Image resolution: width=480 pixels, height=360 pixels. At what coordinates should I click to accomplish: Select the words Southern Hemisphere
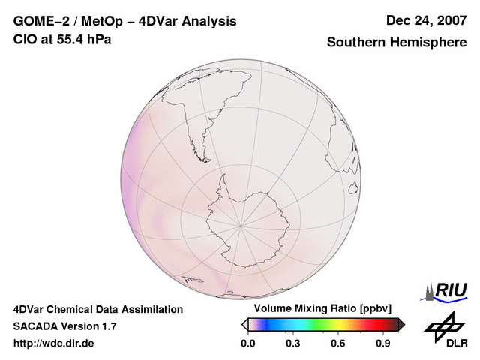click(x=396, y=43)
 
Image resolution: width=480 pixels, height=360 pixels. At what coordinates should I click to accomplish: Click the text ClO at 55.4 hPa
click(x=62, y=39)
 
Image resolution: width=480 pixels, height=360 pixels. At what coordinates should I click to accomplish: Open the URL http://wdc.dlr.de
click(x=54, y=343)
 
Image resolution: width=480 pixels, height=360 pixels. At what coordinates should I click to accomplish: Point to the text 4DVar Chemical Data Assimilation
click(x=97, y=309)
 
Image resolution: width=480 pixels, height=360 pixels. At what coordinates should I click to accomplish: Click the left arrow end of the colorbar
click(x=244, y=324)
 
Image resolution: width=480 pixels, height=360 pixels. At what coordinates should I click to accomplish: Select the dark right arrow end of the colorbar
click(x=401, y=324)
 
